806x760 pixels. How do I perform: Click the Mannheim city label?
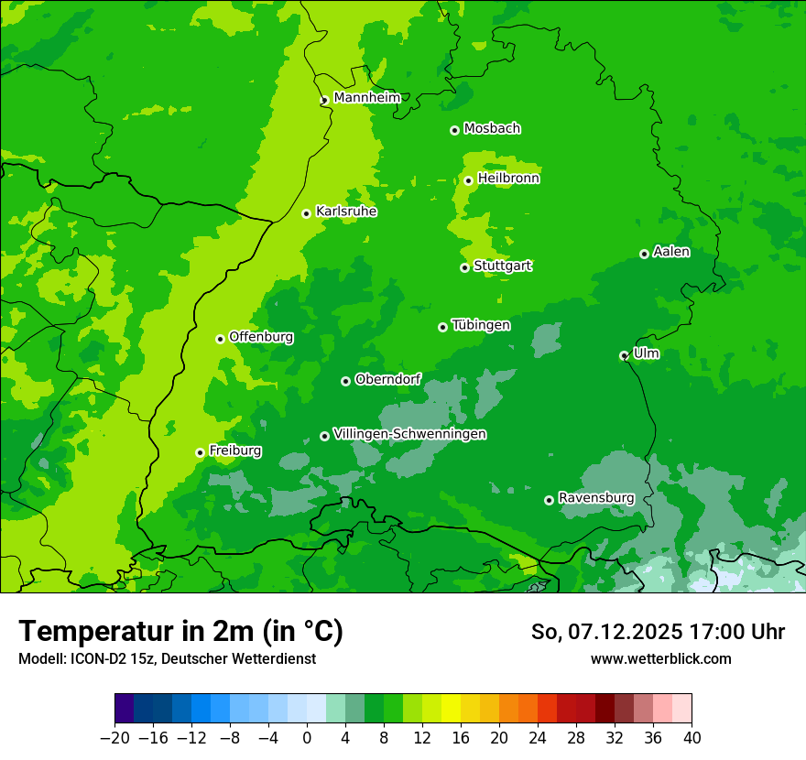tap(366, 97)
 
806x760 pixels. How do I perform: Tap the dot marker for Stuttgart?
tap(464, 267)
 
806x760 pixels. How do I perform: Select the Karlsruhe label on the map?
tap(345, 212)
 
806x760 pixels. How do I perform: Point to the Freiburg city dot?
tap(200, 452)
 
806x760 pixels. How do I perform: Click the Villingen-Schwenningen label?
tap(409, 434)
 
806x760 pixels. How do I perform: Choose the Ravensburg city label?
tap(595, 498)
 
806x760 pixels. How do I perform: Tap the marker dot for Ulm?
tap(624, 355)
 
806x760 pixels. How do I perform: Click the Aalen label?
tap(671, 252)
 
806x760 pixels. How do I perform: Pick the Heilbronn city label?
tap(508, 179)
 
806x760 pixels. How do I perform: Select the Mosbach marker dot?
tap(454, 130)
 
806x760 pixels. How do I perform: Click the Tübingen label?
tap(481, 325)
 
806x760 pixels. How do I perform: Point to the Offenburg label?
tap(261, 337)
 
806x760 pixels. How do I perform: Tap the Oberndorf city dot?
tap(345, 381)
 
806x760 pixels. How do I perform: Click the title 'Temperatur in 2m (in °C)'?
tap(180, 631)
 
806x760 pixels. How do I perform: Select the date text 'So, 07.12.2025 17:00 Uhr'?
tap(658, 632)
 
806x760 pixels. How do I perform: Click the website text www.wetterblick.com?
tap(660, 658)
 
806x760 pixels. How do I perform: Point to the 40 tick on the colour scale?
tap(692, 738)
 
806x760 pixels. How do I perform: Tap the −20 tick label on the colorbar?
tap(114, 738)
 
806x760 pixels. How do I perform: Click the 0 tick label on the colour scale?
tap(307, 738)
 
